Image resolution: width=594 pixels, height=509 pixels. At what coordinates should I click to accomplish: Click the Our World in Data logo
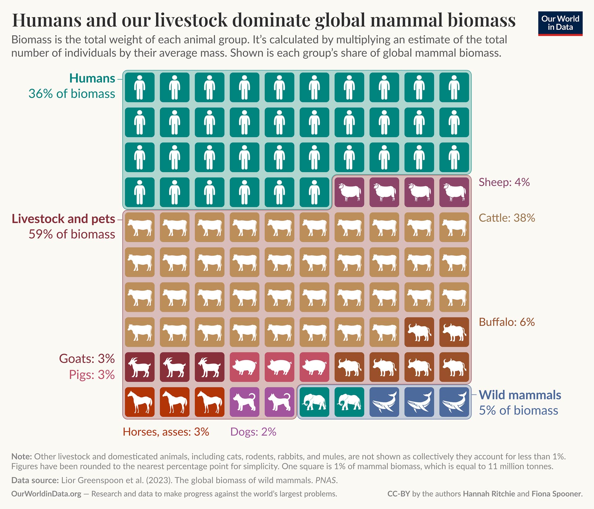pyautogui.click(x=560, y=24)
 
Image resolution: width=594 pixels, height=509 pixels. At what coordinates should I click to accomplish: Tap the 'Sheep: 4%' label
pyautogui.click(x=504, y=182)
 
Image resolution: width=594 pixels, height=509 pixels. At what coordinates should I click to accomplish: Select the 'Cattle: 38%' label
pyautogui.click(x=507, y=218)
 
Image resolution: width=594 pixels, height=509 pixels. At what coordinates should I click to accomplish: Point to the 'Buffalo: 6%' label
pyautogui.click(x=507, y=322)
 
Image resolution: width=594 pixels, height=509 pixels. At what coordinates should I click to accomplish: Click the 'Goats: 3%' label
pyautogui.click(x=87, y=359)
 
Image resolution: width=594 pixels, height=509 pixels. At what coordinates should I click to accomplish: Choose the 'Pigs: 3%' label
pyautogui.click(x=92, y=375)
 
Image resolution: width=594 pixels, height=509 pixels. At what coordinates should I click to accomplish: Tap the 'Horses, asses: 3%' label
pyautogui.click(x=166, y=432)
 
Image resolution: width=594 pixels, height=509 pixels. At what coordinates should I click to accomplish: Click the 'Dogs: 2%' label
pyautogui.click(x=253, y=432)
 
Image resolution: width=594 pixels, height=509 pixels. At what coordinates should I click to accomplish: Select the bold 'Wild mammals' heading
pyautogui.click(x=520, y=395)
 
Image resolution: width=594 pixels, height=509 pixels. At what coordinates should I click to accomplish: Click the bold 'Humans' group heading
pyautogui.click(x=92, y=78)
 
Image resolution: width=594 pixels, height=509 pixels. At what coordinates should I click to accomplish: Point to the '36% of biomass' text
pyautogui.click(x=72, y=94)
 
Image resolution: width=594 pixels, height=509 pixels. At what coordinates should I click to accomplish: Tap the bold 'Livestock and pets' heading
pyautogui.click(x=63, y=219)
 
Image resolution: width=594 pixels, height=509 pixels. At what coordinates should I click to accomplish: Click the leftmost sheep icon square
pyautogui.click(x=349, y=192)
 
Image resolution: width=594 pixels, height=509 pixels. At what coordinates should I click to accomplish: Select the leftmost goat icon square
pyautogui.click(x=140, y=367)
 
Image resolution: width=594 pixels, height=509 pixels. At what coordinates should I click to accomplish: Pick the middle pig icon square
pyautogui.click(x=279, y=367)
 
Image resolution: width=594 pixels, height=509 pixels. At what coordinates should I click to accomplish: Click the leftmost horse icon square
pyautogui.click(x=140, y=402)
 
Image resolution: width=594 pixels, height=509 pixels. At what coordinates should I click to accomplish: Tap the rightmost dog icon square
pyautogui.click(x=279, y=402)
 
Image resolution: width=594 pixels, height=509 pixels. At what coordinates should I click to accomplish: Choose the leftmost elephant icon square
pyautogui.click(x=314, y=402)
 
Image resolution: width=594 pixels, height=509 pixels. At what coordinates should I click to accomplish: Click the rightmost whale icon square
pyautogui.click(x=454, y=402)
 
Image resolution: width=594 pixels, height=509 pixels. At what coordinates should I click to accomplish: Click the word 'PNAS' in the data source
pyautogui.click(x=326, y=480)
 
